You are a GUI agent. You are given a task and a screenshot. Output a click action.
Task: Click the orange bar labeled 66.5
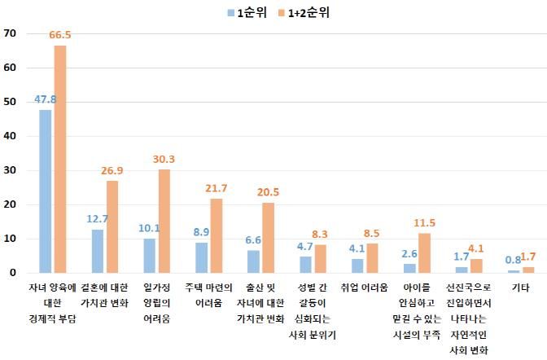point(60,159)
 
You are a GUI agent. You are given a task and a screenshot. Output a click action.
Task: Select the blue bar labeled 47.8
point(46,191)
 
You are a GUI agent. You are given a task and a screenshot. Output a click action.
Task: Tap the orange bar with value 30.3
point(164,221)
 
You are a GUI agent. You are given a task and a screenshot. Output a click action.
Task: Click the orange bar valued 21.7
point(216,235)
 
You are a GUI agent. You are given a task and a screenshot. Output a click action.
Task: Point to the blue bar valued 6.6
point(253,261)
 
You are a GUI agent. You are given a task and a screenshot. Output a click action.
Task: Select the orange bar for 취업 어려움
point(372,258)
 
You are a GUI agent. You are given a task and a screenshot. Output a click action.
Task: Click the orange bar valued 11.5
point(424,253)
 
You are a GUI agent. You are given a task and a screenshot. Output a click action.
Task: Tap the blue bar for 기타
point(514,271)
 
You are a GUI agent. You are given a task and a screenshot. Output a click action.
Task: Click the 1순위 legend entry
point(247,12)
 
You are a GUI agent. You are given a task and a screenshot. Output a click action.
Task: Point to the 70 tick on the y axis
point(11,33)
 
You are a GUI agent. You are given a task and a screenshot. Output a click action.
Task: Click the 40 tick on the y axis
point(11,136)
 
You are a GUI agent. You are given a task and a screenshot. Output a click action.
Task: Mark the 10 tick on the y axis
point(11,239)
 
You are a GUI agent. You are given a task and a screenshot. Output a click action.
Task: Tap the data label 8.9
point(201,232)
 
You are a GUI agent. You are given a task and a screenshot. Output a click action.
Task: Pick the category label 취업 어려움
point(364,288)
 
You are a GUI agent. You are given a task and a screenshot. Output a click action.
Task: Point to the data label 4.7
point(305,247)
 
